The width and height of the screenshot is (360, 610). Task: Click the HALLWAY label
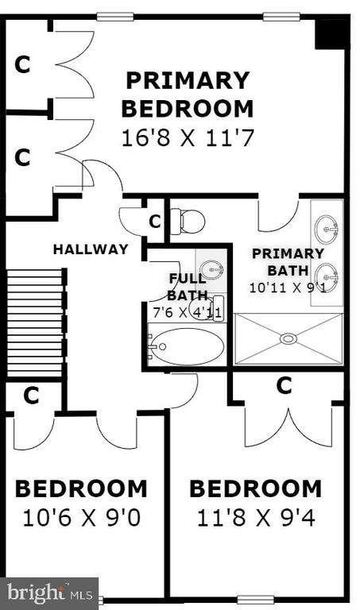click(x=91, y=249)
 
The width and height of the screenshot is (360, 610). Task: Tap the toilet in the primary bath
click(x=188, y=222)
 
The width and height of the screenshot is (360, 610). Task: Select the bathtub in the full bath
click(x=186, y=346)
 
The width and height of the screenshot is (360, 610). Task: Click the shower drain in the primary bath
click(x=288, y=339)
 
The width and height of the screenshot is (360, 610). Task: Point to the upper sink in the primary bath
click(x=327, y=229)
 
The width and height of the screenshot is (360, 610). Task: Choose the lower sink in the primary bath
click(x=327, y=277)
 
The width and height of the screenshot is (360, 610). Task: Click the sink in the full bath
click(x=211, y=268)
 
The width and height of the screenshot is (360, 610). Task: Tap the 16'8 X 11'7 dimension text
click(x=188, y=138)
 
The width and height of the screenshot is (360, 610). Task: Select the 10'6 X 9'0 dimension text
click(x=81, y=518)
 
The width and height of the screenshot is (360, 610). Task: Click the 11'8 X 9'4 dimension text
click(x=256, y=518)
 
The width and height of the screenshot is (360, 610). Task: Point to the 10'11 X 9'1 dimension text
click(x=288, y=288)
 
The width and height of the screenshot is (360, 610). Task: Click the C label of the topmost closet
click(x=22, y=64)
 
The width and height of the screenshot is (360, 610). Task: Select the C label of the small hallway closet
click(x=155, y=222)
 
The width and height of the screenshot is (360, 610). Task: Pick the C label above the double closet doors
click(x=285, y=385)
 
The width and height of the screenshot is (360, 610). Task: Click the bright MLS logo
click(x=49, y=593)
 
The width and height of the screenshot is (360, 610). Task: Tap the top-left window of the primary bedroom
click(x=115, y=17)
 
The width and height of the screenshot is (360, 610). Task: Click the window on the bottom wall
click(x=256, y=600)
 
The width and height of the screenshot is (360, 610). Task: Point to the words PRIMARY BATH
click(x=288, y=262)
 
